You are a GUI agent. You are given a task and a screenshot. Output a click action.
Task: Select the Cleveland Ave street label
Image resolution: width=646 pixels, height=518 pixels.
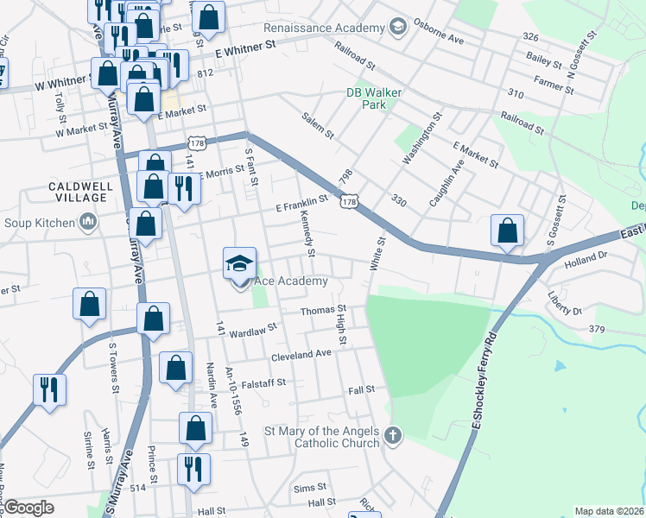pos(301,354)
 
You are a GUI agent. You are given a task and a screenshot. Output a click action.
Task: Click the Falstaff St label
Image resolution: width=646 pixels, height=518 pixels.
pos(264,382)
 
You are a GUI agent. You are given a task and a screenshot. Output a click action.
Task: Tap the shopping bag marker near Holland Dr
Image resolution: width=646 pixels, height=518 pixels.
pos(508,231)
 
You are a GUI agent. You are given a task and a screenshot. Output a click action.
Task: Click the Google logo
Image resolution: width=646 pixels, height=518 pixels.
pos(28,508)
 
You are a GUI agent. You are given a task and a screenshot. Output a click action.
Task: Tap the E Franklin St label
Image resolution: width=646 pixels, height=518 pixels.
pos(303,203)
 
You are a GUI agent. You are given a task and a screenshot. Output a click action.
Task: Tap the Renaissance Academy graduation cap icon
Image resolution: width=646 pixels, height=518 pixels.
pos(396,27)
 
